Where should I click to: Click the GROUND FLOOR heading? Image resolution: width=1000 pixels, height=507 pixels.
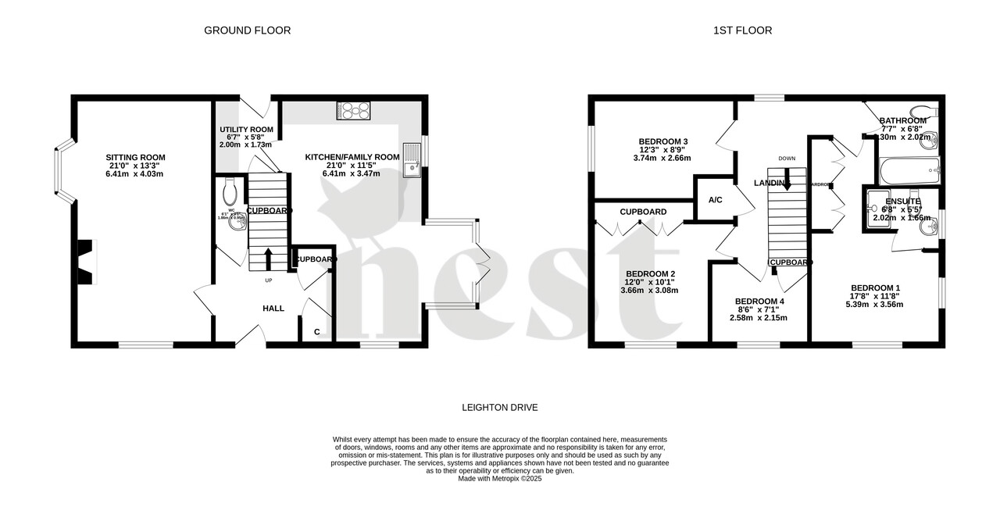247,30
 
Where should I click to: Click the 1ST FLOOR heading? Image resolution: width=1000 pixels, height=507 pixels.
742,30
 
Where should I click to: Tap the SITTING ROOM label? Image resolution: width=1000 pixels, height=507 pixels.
136,157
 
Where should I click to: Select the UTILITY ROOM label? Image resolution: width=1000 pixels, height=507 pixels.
245,129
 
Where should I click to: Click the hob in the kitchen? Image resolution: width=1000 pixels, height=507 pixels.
354,110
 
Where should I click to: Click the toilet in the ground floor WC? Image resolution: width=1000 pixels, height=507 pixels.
230,189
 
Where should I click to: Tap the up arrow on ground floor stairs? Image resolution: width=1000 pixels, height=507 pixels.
268,259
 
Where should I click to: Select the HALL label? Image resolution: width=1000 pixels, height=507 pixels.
273,309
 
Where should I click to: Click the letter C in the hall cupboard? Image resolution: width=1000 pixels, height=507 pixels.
316,332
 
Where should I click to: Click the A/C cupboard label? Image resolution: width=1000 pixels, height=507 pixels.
715,200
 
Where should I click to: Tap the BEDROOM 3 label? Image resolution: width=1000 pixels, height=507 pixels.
663,141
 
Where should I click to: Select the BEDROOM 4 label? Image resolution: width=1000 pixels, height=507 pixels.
759,302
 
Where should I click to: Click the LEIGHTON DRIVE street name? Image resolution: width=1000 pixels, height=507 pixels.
499,408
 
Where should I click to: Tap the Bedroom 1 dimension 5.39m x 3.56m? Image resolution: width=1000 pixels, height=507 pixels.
875,305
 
